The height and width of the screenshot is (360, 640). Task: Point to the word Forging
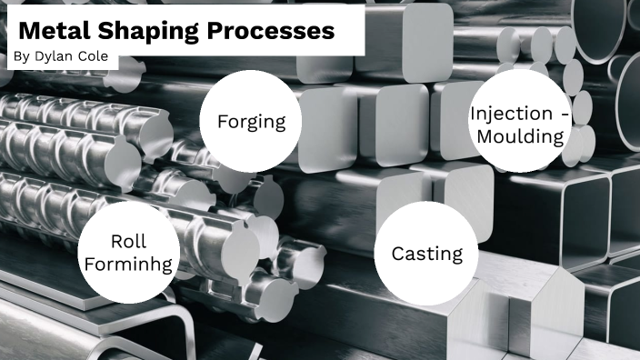coord(252,122)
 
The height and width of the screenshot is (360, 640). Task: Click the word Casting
coord(427,254)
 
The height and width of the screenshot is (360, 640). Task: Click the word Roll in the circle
coord(128,242)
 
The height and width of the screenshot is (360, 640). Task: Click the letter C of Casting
coord(398,254)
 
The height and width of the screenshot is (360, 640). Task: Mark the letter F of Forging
coord(223,122)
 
